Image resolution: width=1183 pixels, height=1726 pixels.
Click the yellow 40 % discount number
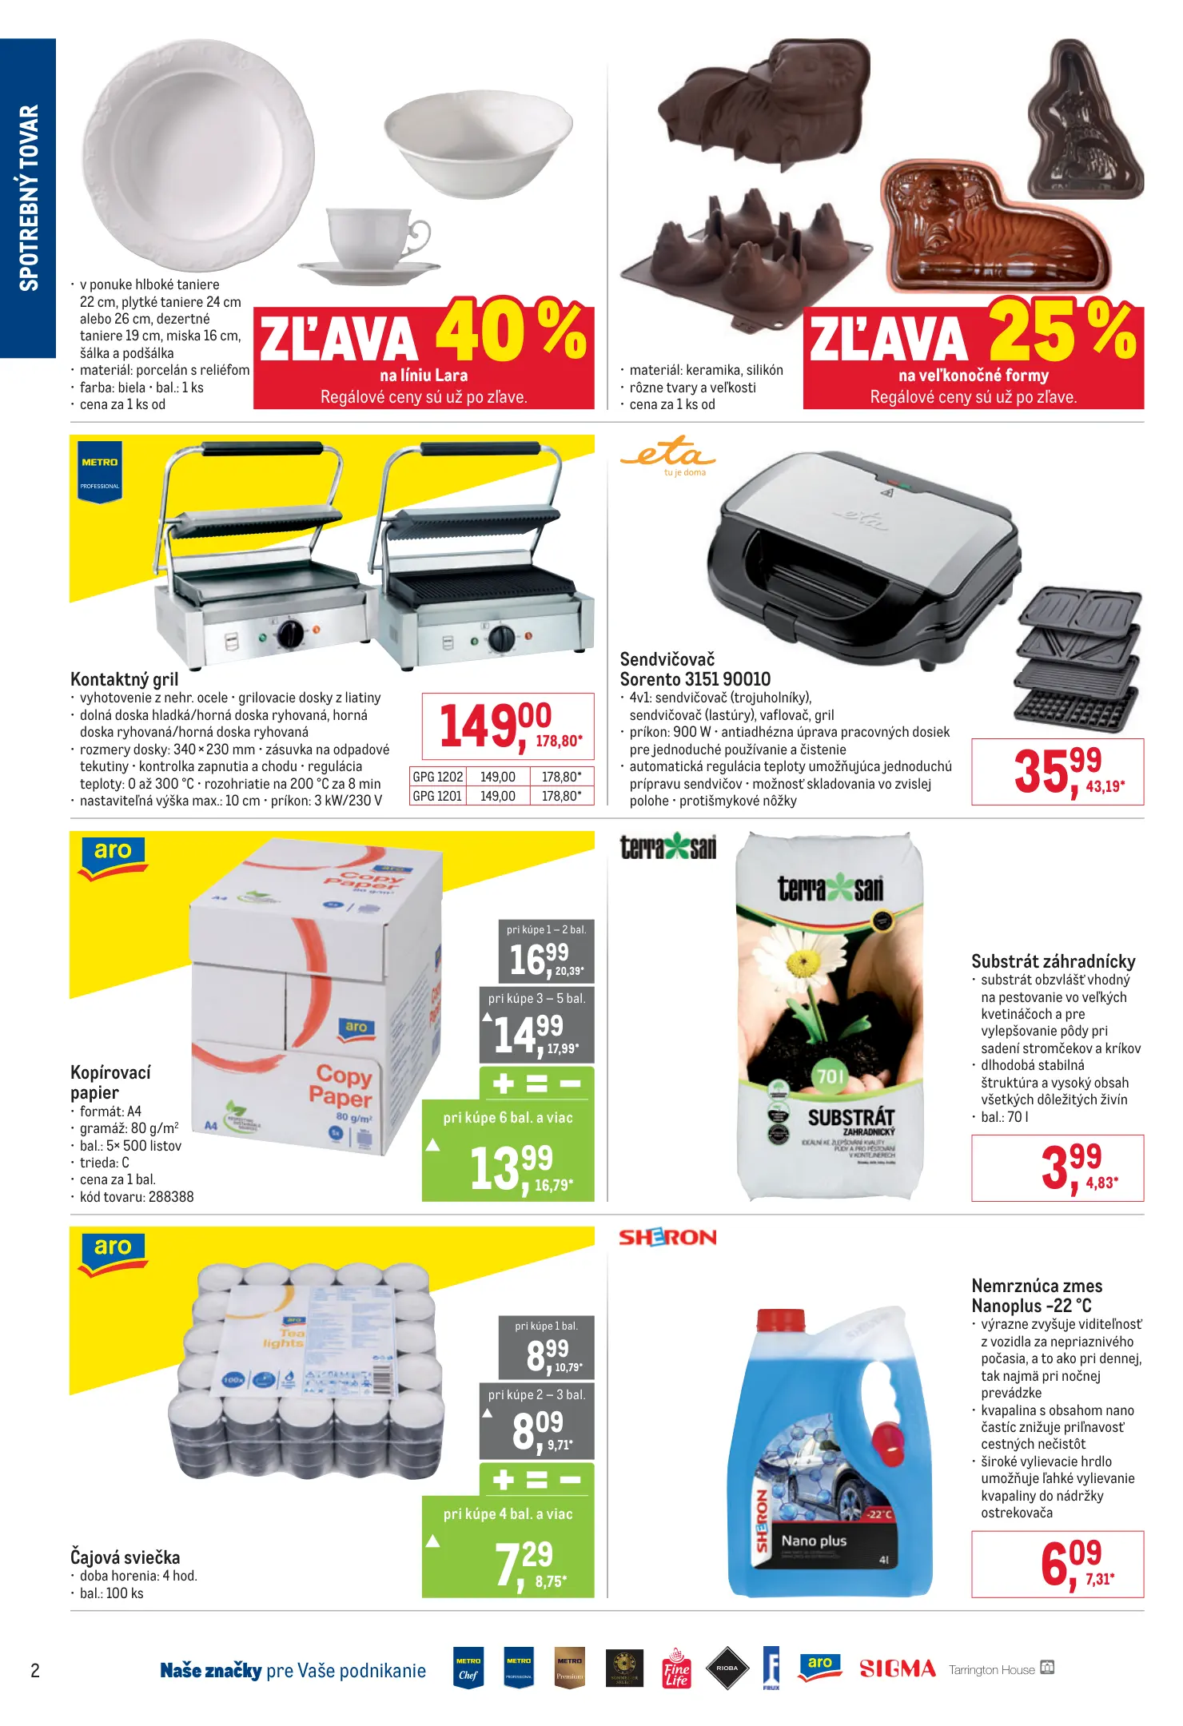click(510, 330)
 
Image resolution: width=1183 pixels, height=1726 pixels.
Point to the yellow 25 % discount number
click(1062, 330)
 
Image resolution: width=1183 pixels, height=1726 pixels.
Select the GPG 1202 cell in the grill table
click(437, 777)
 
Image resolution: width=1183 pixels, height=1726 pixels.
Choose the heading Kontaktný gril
click(124, 679)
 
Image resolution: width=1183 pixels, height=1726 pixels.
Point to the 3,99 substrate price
click(1071, 1166)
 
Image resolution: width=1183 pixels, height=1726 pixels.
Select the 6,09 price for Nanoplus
click(1070, 1562)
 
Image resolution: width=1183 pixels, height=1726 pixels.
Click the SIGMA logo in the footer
click(897, 1669)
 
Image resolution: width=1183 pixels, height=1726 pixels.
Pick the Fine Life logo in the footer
click(676, 1669)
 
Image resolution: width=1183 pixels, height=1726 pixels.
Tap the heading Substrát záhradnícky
click(1053, 961)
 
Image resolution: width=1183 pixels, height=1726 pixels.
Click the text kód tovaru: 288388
click(136, 1197)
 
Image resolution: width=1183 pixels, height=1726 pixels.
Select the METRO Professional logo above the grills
click(100, 471)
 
